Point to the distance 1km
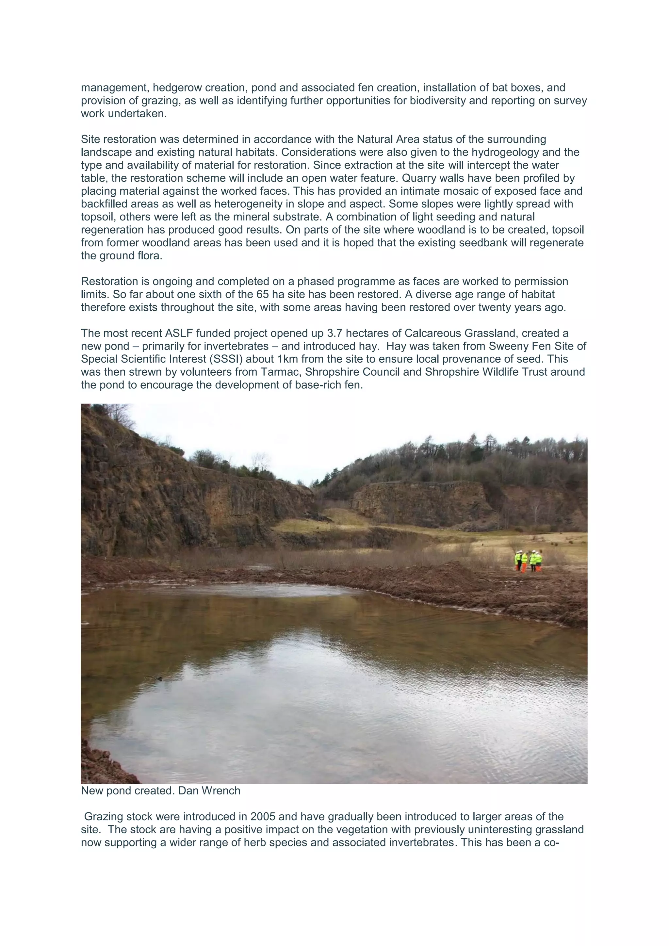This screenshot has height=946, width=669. pyautogui.click(x=287, y=359)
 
